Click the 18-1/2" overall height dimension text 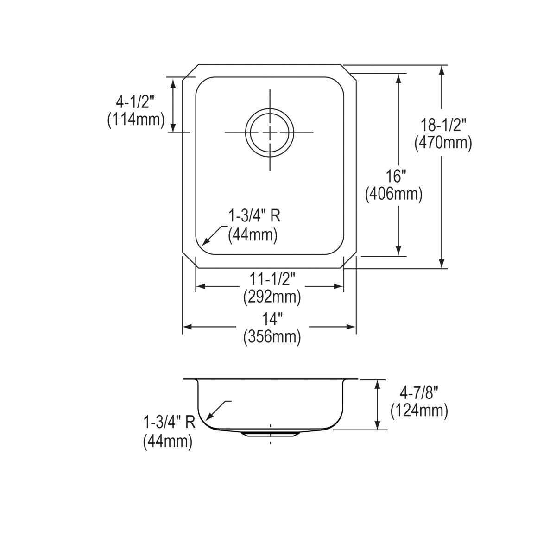pyautogui.click(x=443, y=125)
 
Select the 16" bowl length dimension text pyautogui.click(x=396, y=176)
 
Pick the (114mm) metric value pyautogui.click(x=136, y=119)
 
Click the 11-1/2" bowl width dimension pyautogui.click(x=272, y=278)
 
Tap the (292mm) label pyautogui.click(x=272, y=296)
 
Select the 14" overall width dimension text pyautogui.click(x=272, y=319)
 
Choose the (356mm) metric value pyautogui.click(x=272, y=336)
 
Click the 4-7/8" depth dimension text pyautogui.click(x=419, y=393)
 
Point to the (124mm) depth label pyautogui.click(x=419, y=411)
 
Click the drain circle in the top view pyautogui.click(x=269, y=133)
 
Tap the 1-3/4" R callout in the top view pyautogui.click(x=254, y=216)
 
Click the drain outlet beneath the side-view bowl pyautogui.click(x=270, y=434)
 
